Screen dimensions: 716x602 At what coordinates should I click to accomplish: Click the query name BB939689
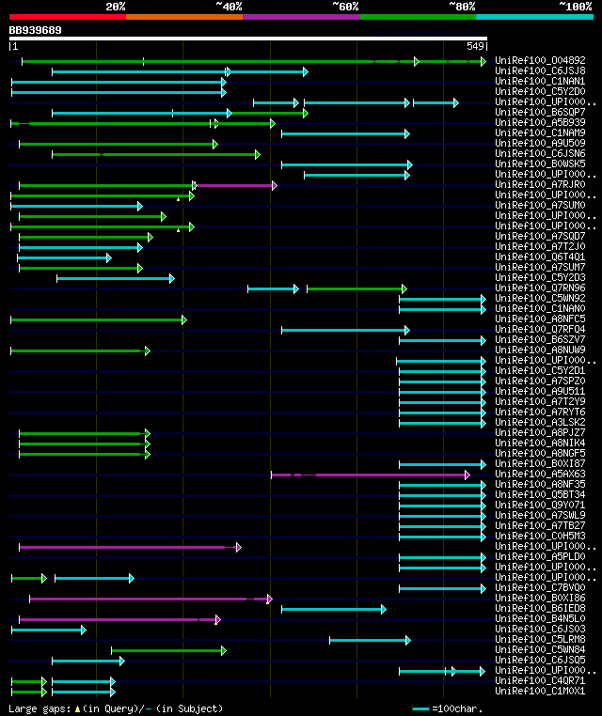tap(36, 30)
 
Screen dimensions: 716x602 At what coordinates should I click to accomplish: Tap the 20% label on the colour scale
tap(116, 7)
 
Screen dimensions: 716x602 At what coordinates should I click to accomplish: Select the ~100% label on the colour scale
tap(575, 7)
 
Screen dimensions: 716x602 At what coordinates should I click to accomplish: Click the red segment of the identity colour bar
tap(67, 17)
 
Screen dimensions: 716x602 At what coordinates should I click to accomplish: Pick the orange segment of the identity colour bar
tap(183, 17)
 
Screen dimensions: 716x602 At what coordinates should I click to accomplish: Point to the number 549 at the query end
tap(475, 45)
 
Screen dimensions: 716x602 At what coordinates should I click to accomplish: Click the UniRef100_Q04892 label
tap(540, 60)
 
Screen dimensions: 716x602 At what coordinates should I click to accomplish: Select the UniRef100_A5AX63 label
tap(540, 475)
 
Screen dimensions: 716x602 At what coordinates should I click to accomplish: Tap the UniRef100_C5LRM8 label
tap(540, 640)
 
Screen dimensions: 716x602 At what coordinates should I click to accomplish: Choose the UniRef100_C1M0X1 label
tap(540, 692)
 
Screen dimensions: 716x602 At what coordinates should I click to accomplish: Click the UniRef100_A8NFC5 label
tap(540, 319)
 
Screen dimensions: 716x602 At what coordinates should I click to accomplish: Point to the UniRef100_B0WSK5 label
tap(540, 164)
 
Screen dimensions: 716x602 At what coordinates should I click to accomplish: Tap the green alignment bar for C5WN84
tap(167, 650)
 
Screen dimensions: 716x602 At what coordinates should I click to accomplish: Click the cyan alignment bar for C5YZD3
tap(114, 278)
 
